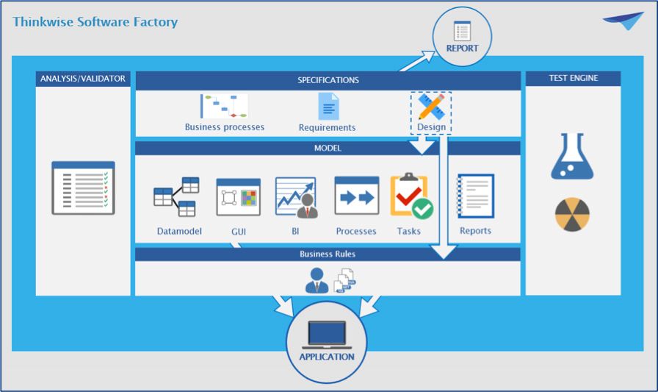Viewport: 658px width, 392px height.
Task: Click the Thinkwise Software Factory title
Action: (95, 21)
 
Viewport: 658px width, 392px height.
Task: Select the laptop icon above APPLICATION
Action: (327, 335)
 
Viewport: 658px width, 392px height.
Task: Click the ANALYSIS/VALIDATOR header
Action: (83, 79)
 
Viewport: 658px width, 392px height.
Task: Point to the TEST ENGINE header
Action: (573, 78)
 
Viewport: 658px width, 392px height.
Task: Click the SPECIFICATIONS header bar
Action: (328, 80)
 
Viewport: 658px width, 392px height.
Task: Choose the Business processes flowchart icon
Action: (225, 106)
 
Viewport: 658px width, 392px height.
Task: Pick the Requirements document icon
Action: (328, 107)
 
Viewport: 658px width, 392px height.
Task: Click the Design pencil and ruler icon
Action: (431, 107)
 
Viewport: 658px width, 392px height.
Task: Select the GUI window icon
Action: (239, 197)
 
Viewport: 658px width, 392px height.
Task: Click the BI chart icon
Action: (297, 197)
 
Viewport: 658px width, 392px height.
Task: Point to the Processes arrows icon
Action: (357, 196)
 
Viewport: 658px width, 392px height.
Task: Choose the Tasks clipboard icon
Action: (411, 196)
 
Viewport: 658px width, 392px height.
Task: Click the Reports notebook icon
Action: (475, 196)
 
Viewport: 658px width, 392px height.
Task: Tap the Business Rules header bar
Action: (328, 254)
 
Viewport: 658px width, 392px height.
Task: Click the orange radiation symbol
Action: (572, 214)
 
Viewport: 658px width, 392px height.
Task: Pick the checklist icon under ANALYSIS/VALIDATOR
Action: (83, 188)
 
